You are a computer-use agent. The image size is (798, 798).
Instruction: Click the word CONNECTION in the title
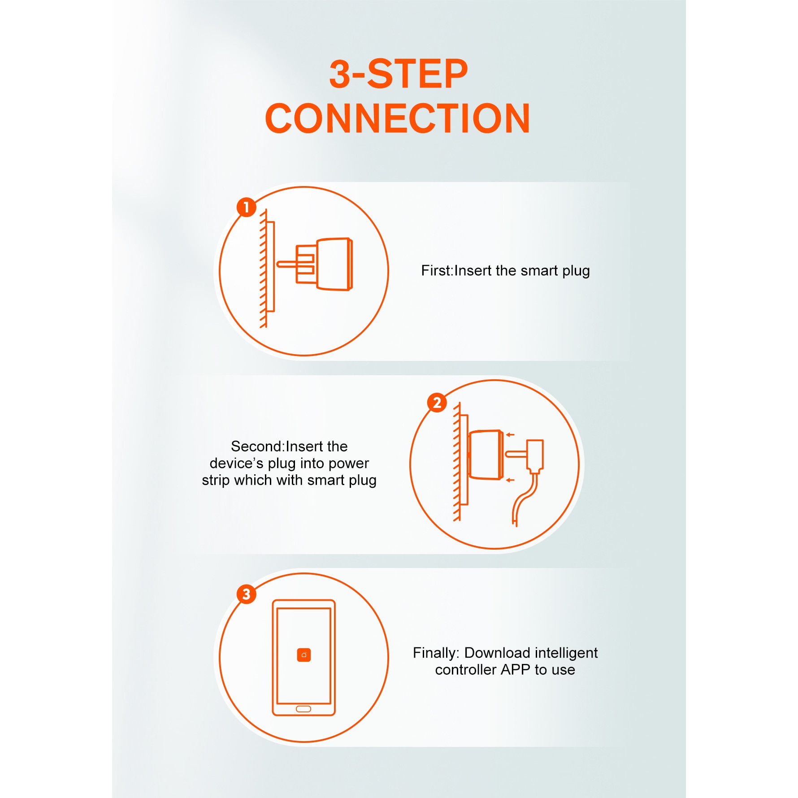[x=398, y=118]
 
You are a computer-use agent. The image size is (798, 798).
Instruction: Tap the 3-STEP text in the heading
[x=399, y=74]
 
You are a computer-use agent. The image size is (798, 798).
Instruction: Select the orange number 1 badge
[x=247, y=207]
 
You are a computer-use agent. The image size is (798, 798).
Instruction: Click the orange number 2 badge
[x=437, y=403]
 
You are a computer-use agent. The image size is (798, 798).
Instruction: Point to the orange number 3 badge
[x=247, y=594]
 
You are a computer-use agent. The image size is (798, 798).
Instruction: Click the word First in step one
[x=436, y=271]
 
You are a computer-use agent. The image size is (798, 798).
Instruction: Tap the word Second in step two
[x=256, y=447]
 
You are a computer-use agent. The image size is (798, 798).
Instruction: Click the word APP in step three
[x=516, y=670]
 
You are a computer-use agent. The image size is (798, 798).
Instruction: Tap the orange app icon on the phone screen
[x=304, y=655]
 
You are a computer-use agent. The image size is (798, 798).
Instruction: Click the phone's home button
[x=304, y=709]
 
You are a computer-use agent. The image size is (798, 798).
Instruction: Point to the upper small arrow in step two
[x=510, y=434]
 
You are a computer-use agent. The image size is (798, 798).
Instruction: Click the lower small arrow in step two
[x=510, y=480]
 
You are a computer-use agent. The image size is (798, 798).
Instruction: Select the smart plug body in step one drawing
[x=334, y=264]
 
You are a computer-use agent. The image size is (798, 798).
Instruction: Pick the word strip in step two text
[x=216, y=480]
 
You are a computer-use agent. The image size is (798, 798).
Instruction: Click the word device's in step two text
[x=236, y=463]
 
